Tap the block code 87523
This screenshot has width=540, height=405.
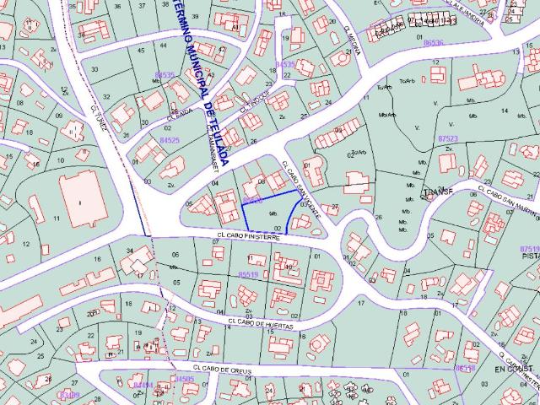click(448, 138)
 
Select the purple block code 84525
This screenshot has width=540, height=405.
click(170, 140)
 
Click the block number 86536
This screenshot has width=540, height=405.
click(434, 42)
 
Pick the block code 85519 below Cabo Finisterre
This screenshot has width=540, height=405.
click(248, 274)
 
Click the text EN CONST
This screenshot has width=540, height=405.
click(515, 370)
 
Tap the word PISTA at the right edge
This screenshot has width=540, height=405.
click(529, 259)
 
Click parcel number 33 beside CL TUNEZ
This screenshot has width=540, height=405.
click(94, 71)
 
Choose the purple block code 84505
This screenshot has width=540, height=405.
click(184, 380)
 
